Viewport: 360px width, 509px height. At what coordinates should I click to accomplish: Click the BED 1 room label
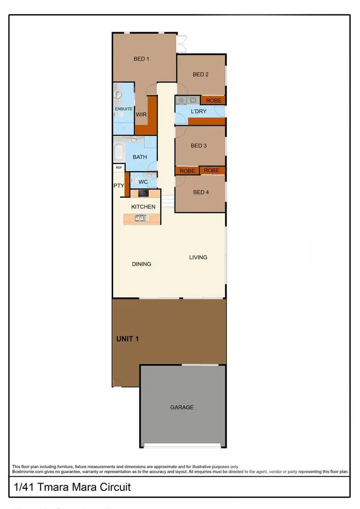(x=141, y=59)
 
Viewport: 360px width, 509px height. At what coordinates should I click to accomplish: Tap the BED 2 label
(x=200, y=74)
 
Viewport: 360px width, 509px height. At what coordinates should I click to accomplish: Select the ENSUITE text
(x=123, y=109)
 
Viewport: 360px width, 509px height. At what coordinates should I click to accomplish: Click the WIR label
(x=141, y=115)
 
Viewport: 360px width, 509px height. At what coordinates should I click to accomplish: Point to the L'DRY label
(x=198, y=111)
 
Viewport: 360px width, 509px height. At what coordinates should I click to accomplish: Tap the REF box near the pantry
(x=119, y=168)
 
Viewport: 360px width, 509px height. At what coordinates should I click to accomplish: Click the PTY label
(x=119, y=186)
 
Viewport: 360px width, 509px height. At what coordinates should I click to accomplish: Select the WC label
(x=143, y=182)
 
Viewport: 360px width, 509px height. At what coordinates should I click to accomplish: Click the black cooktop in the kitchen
(x=144, y=193)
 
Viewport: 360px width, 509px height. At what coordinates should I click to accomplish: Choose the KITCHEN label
(x=144, y=207)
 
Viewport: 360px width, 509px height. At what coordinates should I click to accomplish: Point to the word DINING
(x=142, y=264)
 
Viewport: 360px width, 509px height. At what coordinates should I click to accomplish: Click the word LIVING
(x=198, y=258)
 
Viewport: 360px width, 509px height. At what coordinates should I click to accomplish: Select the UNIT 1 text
(x=128, y=339)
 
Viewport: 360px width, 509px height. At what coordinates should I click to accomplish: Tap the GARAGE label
(x=182, y=407)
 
